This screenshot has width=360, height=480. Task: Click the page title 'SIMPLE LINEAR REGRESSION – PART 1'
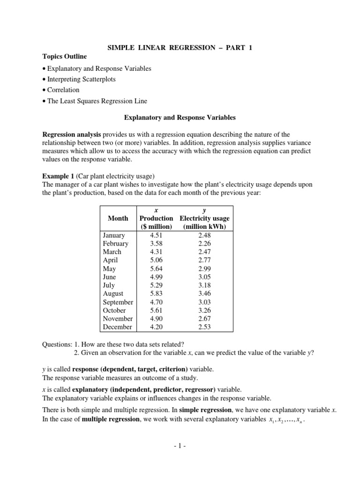[x=180, y=48]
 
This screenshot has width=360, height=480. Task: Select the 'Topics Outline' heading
[x=64, y=57]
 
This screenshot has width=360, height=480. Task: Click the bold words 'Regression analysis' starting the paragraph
[x=71, y=135]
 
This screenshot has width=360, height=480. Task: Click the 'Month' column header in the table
[x=118, y=218]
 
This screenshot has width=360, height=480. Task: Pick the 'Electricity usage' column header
[x=204, y=218]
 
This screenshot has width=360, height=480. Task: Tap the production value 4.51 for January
[x=156, y=235]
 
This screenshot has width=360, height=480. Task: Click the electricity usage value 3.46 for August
[x=205, y=293]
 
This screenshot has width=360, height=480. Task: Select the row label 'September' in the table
[x=118, y=302]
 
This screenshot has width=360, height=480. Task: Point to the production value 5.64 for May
[x=156, y=269]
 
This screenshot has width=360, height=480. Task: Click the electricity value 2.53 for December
[x=205, y=327]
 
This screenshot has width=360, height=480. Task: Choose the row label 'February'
[x=115, y=244]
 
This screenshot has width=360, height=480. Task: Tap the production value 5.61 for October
[x=156, y=310]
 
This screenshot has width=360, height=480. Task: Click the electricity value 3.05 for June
[x=205, y=277]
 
